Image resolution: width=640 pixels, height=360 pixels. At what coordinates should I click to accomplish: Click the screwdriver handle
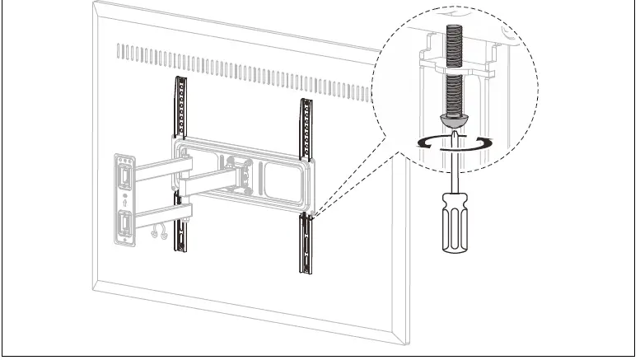click(x=451, y=223)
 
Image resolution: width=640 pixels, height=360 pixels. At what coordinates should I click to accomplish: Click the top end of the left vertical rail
click(x=179, y=81)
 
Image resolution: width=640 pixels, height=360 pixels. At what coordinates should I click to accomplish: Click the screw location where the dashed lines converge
click(x=311, y=217)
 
